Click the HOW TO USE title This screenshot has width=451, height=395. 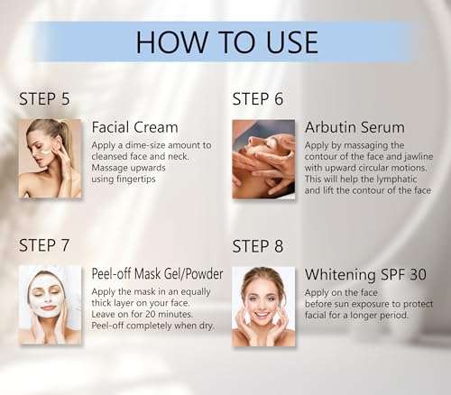(226, 42)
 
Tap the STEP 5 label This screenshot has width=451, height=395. (44, 98)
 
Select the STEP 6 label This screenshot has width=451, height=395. (258, 98)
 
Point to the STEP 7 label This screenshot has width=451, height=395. (44, 245)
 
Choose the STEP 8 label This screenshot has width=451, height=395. (258, 245)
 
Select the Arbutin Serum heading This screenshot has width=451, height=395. (354, 127)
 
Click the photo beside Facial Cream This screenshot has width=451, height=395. (50, 158)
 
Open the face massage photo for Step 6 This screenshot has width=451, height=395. (263, 158)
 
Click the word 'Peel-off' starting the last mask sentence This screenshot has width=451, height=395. (113, 326)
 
